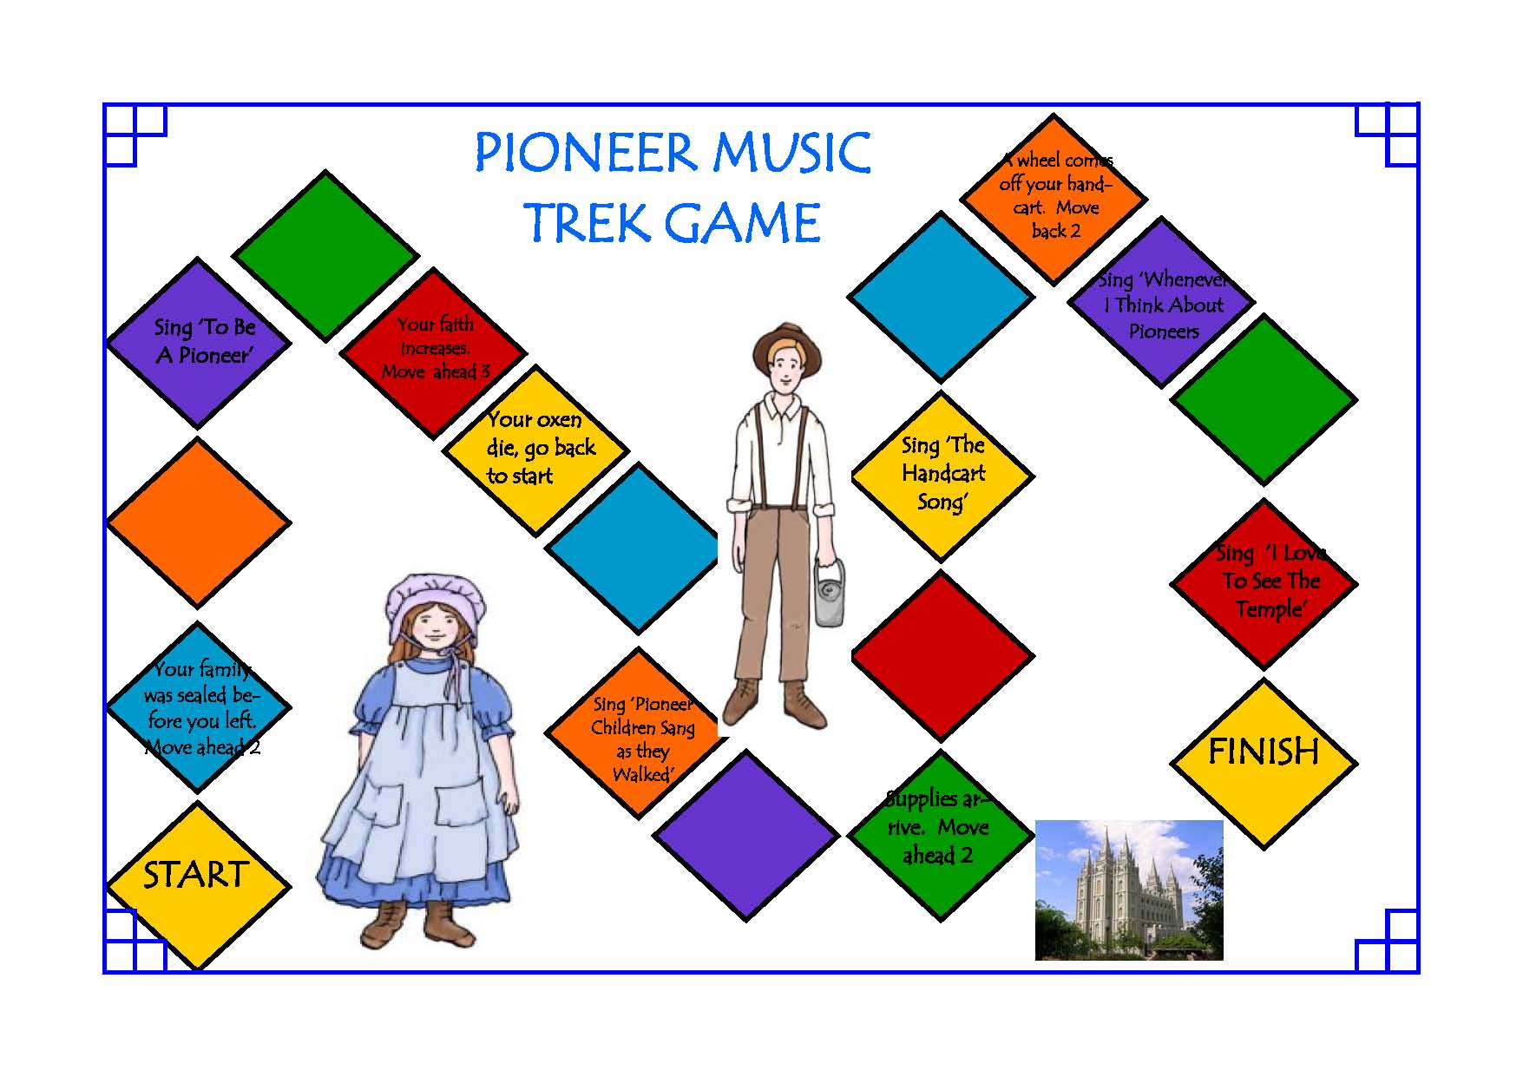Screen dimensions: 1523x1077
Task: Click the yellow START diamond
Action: pyautogui.click(x=198, y=886)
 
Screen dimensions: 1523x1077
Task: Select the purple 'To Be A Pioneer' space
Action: pyautogui.click(x=198, y=342)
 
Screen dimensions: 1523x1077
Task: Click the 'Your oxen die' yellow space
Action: pyautogui.click(x=535, y=450)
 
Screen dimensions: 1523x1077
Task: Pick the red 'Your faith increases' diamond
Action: pyautogui.click(x=433, y=353)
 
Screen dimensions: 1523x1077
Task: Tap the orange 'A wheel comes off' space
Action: pyautogui.click(x=1054, y=199)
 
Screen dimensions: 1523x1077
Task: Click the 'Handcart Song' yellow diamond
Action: pyautogui.click(x=942, y=476)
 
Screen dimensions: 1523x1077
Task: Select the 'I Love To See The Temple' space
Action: pyautogui.click(x=1264, y=583)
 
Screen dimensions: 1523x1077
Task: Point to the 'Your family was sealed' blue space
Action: pyautogui.click(x=198, y=707)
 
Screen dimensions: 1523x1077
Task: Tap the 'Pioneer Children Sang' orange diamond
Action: pyautogui.click(x=638, y=732)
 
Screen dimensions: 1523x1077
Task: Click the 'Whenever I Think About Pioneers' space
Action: pyautogui.click(x=1161, y=302)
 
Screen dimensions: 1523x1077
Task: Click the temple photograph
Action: pyautogui.click(x=1129, y=890)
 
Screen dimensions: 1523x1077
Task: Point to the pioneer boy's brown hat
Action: pyautogui.click(x=786, y=345)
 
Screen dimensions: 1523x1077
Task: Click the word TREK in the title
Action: pyautogui.click(x=588, y=222)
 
